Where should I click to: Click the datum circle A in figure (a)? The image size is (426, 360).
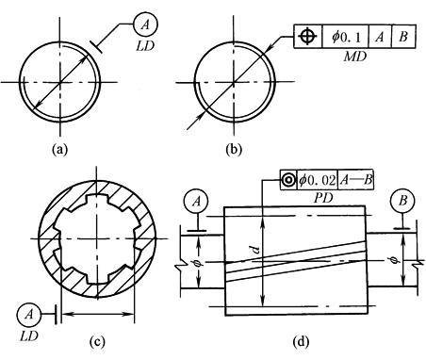(145, 25)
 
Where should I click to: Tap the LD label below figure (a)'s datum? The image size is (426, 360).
(145, 46)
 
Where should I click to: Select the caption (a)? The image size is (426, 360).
(59, 149)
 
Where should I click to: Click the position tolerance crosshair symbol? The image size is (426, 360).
(308, 37)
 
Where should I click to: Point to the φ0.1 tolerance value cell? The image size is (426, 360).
(346, 37)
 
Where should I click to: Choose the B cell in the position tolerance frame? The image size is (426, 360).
(403, 37)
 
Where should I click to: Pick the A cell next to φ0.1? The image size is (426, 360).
(380, 37)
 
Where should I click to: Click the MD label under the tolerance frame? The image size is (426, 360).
(355, 57)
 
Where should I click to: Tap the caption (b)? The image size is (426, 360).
(235, 149)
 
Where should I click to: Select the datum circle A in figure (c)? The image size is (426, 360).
(29, 314)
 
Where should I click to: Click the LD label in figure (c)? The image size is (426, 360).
(28, 336)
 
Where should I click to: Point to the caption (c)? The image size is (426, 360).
(97, 341)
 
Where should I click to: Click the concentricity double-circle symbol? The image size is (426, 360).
(288, 180)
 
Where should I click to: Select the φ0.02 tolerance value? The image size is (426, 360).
(318, 180)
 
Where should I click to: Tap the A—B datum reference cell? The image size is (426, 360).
(356, 180)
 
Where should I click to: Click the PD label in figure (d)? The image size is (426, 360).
(323, 198)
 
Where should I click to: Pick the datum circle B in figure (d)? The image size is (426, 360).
(402, 201)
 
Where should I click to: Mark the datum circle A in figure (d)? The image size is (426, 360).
(197, 202)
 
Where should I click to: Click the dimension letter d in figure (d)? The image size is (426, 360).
(256, 250)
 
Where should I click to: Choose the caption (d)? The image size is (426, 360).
(301, 341)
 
